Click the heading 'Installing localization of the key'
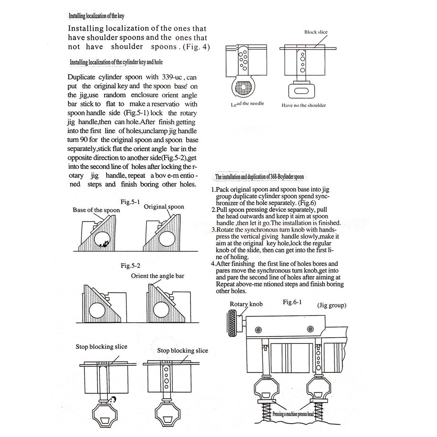tap(97, 16)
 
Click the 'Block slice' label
tap(316, 32)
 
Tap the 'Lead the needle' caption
tap(247, 104)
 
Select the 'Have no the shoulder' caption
tap(303, 105)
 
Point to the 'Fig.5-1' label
tap(130, 201)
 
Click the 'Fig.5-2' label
tap(130, 265)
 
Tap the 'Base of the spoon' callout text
tap(96, 210)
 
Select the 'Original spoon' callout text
tap(164, 207)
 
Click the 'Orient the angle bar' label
tap(158, 276)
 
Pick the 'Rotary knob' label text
tap(246, 304)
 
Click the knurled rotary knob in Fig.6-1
tap(233, 320)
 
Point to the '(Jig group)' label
tap(331, 305)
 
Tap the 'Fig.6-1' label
tap(292, 302)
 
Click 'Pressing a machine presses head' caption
tap(293, 414)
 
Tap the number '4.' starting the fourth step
tap(213, 264)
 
